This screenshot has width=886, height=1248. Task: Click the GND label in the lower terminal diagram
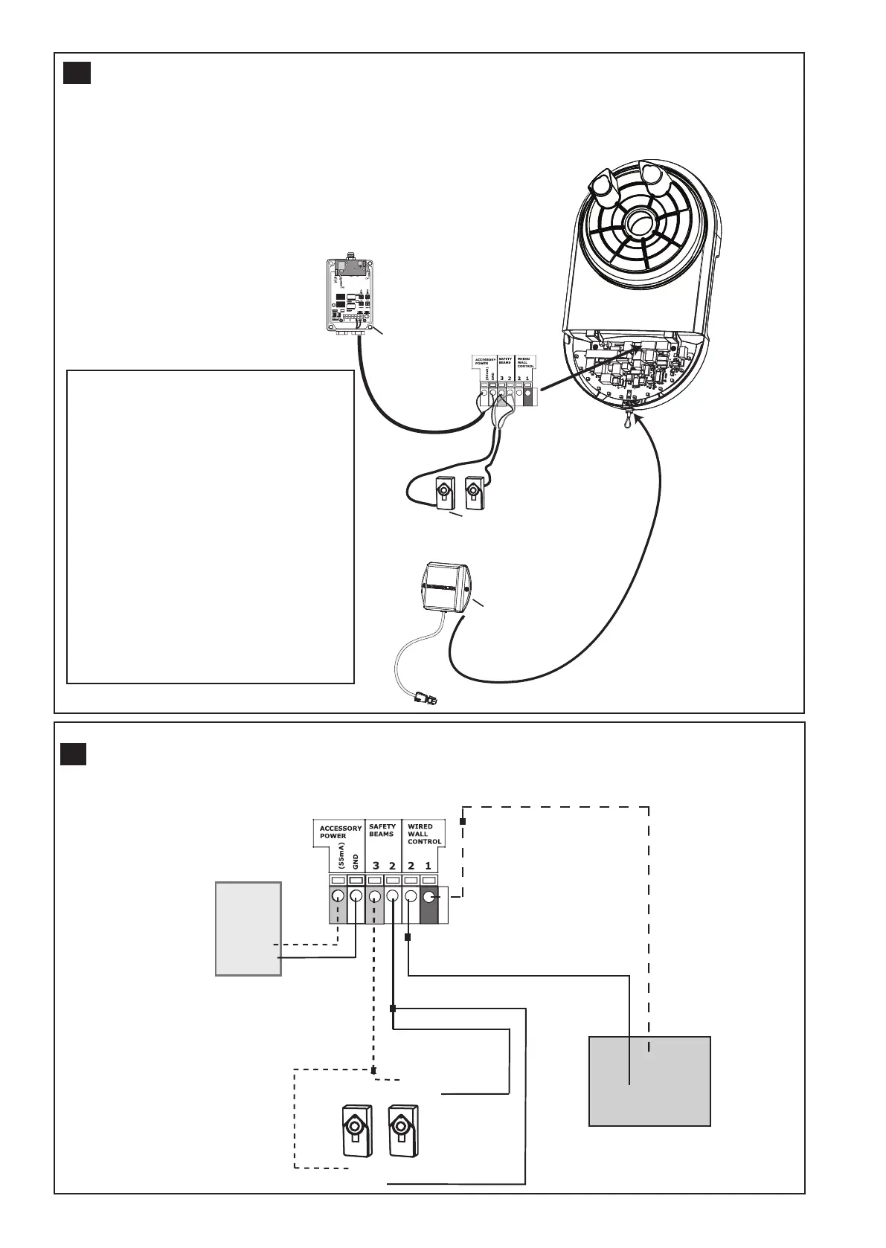click(x=356, y=861)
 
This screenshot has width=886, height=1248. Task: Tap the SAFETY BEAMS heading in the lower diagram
click(x=382, y=830)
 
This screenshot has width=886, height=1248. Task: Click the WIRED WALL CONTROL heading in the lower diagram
click(x=424, y=834)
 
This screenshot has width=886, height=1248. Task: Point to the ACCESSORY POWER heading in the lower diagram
click(x=340, y=832)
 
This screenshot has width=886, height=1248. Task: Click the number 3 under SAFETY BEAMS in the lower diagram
click(x=376, y=866)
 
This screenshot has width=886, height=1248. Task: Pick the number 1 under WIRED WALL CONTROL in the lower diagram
click(x=428, y=866)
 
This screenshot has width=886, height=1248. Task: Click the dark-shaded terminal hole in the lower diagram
click(x=429, y=897)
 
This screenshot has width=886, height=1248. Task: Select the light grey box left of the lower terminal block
click(x=248, y=928)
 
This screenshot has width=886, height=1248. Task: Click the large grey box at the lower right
click(x=649, y=1081)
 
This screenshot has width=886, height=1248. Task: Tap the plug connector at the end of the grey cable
click(x=426, y=699)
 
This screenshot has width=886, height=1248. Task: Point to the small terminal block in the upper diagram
click(x=504, y=382)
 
